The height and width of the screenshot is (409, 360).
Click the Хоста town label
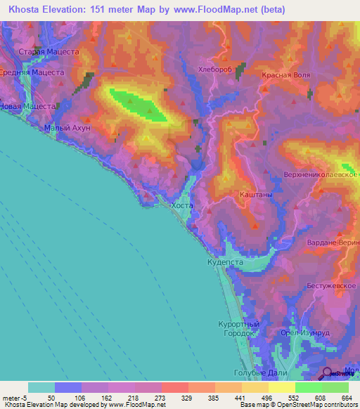click(x=181, y=205)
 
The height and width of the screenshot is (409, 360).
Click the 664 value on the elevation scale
click(x=346, y=397)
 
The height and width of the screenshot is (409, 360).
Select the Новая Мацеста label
click(x=27, y=106)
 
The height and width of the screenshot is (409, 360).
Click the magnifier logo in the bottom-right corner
click(x=328, y=374)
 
